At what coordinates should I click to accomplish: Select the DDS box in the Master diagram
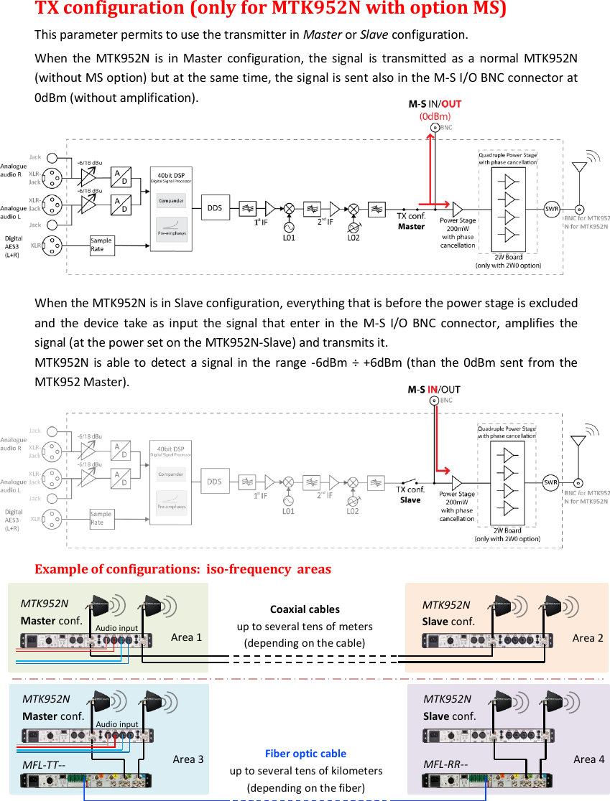[214, 208]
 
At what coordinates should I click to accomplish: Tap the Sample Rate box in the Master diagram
[101, 245]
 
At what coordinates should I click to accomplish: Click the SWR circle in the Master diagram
[552, 209]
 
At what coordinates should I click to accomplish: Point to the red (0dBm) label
[435, 116]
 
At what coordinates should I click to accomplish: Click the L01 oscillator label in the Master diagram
[289, 238]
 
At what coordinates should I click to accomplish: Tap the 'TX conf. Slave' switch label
[411, 495]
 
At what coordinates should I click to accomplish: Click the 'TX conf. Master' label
[412, 221]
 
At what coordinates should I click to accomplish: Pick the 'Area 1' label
[186, 637]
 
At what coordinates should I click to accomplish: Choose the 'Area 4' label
[588, 759]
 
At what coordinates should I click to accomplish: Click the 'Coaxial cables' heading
[305, 609]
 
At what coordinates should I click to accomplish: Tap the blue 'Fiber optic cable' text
[305, 754]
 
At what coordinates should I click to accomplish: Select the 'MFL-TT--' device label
[44, 764]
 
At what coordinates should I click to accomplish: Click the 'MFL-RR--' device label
[445, 764]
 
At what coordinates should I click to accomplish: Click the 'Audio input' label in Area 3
[117, 724]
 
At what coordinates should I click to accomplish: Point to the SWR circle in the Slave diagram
[551, 482]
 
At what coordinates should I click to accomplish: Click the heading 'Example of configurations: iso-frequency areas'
[183, 569]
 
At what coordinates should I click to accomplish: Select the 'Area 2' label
[588, 637]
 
